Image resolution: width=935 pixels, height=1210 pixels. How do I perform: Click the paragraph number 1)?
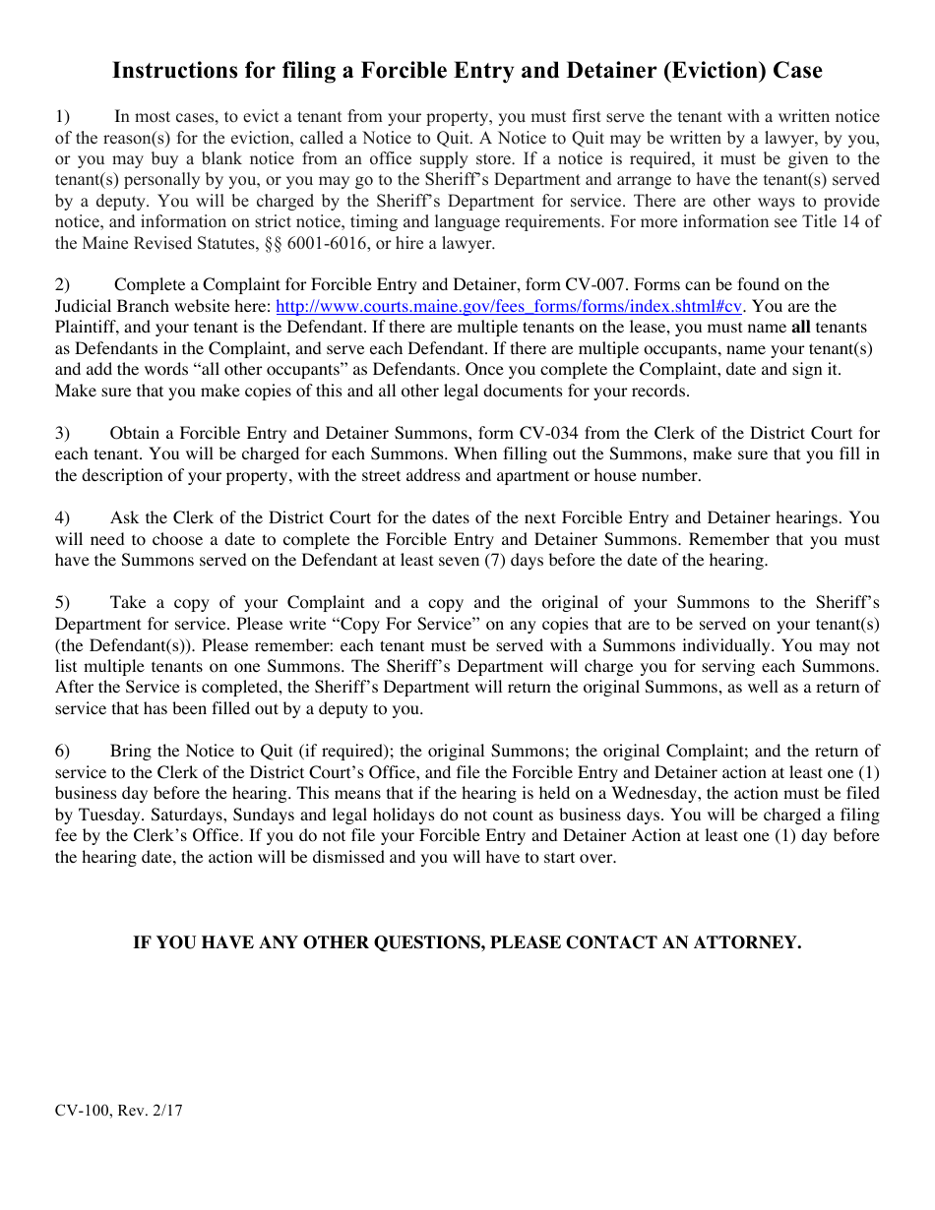[x=63, y=116]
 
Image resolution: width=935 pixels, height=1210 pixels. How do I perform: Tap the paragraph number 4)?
[x=63, y=517]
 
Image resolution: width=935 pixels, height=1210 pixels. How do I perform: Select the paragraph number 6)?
[x=63, y=751]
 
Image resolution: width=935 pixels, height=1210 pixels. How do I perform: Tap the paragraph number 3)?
[x=63, y=433]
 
